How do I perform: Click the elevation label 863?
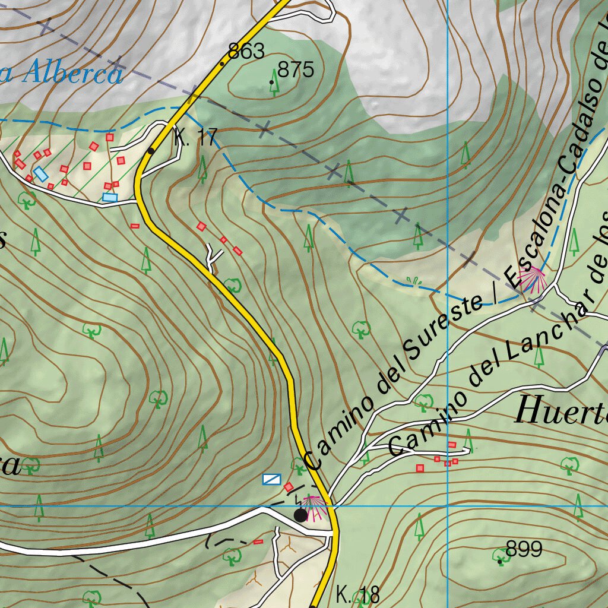246,52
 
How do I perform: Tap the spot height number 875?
295,70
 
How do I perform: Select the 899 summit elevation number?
524,549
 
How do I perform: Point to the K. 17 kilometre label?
197,138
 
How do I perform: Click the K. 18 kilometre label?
357,594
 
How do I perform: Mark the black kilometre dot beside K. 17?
151,151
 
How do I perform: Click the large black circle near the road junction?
301,515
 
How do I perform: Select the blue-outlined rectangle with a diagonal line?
272,479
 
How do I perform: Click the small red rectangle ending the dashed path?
258,541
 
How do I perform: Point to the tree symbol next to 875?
274,87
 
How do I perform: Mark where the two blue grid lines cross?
447,506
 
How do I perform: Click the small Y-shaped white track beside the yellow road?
213,255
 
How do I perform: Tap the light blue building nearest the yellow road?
110,197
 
